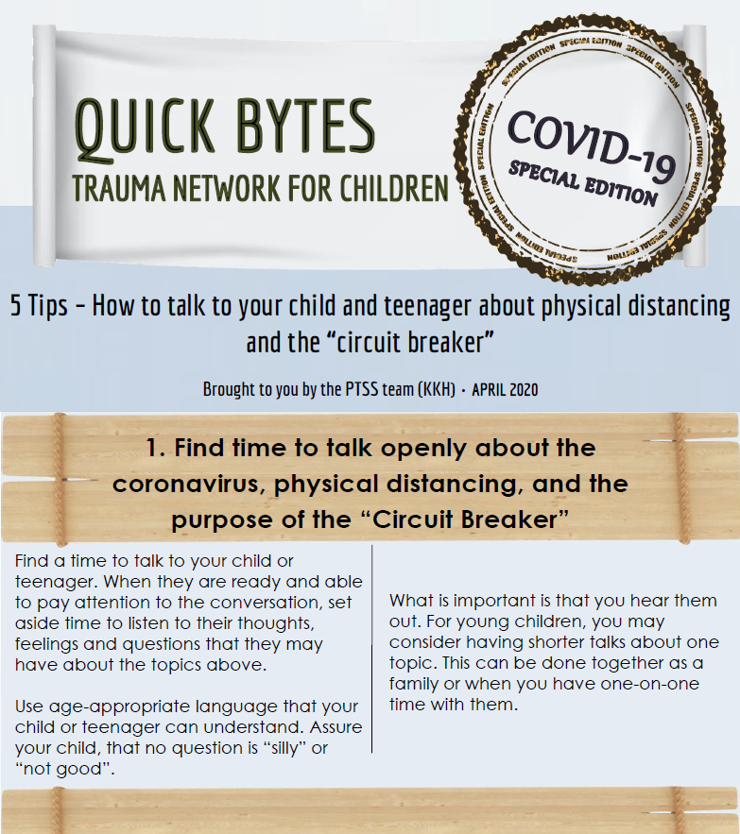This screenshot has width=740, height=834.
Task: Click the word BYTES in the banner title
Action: (305, 127)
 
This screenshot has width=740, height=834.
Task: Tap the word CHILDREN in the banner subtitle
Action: (394, 188)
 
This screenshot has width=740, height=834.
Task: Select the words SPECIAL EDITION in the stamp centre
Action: (583, 184)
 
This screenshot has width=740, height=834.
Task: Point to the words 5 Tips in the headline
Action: (39, 306)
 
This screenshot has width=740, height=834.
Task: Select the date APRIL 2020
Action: (505, 390)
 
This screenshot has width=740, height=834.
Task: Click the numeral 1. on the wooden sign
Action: (156, 448)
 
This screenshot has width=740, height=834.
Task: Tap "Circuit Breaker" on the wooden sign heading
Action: (469, 519)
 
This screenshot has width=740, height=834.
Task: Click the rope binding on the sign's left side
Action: (60, 480)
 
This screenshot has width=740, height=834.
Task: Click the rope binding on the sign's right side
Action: (680, 479)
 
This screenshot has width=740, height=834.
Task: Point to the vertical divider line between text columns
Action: (372, 648)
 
